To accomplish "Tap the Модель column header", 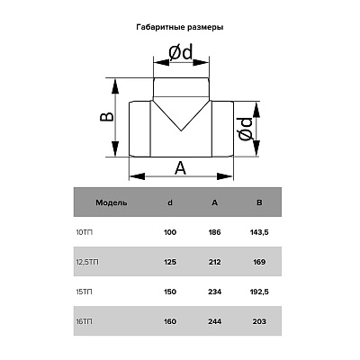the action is [112, 202].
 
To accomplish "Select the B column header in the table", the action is [259, 202].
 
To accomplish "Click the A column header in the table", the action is [214, 202].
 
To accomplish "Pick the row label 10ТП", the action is [85, 232].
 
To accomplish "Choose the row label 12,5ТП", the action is [87, 262].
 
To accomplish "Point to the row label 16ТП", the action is [85, 321].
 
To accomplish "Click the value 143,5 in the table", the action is [259, 232].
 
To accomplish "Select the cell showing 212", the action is [214, 262].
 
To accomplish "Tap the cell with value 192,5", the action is [259, 292].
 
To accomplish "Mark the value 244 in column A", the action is [214, 321].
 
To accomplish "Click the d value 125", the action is [170, 262].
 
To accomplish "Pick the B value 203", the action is [259, 321].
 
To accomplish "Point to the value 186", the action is [214, 232].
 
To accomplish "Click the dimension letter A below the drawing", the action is [180, 168].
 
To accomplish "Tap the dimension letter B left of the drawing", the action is [107, 117].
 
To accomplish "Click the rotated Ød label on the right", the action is [246, 130].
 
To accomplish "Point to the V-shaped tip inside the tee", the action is [181, 130].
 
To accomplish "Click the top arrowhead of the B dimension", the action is [115, 87].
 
